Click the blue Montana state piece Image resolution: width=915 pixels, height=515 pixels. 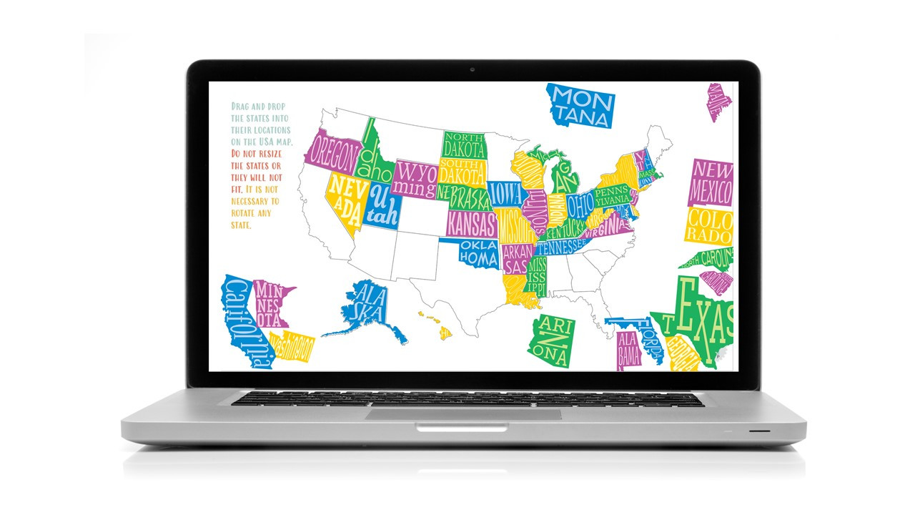(580, 106)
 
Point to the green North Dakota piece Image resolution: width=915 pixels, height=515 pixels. (463, 145)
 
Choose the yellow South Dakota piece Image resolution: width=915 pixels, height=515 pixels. (463, 172)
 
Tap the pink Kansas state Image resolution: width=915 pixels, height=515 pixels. (471, 223)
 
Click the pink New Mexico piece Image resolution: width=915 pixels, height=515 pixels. (711, 182)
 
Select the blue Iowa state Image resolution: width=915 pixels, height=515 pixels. (505, 194)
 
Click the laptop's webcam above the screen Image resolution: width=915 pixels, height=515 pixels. (473, 70)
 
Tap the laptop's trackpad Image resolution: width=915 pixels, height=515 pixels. (463, 414)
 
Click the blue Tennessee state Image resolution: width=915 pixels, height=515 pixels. (560, 247)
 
